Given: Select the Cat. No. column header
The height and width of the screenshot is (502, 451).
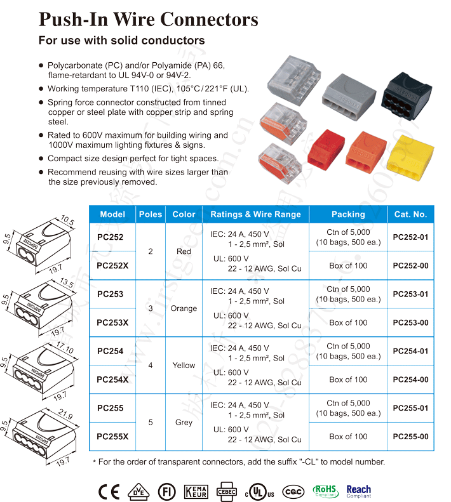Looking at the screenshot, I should [410, 215].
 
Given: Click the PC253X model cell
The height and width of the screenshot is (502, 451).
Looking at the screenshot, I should [112, 322].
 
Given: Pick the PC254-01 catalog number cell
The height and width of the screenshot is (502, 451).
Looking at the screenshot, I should [410, 351].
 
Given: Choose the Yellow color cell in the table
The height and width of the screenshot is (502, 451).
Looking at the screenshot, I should [184, 366].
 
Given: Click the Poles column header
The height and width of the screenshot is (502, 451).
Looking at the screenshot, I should [151, 215].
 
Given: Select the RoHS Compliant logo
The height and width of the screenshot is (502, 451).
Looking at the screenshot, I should [326, 491].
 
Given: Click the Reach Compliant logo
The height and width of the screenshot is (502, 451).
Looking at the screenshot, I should [359, 491].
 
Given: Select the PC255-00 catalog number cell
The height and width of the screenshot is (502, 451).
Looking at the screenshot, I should [410, 437].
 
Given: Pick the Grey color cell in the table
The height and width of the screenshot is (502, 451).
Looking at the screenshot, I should [184, 423].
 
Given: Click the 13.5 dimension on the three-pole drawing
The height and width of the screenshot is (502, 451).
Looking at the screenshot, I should [66, 282].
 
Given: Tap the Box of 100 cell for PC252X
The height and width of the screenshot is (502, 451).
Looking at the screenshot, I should [348, 265].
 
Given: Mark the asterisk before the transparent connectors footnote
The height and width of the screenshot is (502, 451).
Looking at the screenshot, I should [95, 462].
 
